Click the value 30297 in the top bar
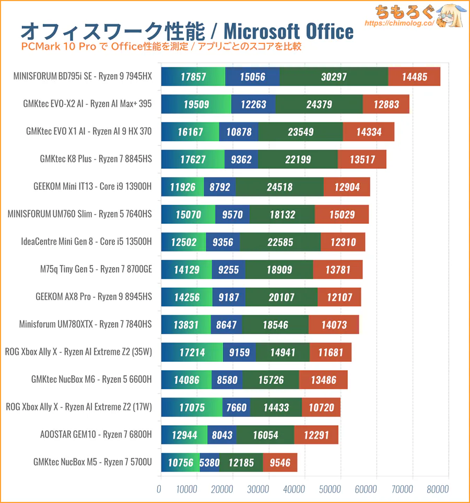click(x=334, y=77)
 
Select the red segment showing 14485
click(x=415, y=77)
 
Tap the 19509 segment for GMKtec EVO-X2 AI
click(x=196, y=104)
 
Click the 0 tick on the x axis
click(x=159, y=489)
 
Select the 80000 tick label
click(x=438, y=489)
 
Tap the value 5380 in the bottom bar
click(x=209, y=462)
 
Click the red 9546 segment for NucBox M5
click(x=280, y=462)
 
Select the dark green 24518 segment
click(x=279, y=187)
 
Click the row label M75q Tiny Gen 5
click(x=96, y=269)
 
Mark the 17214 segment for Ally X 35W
click(x=192, y=352)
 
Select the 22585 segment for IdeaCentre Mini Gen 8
click(x=280, y=242)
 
